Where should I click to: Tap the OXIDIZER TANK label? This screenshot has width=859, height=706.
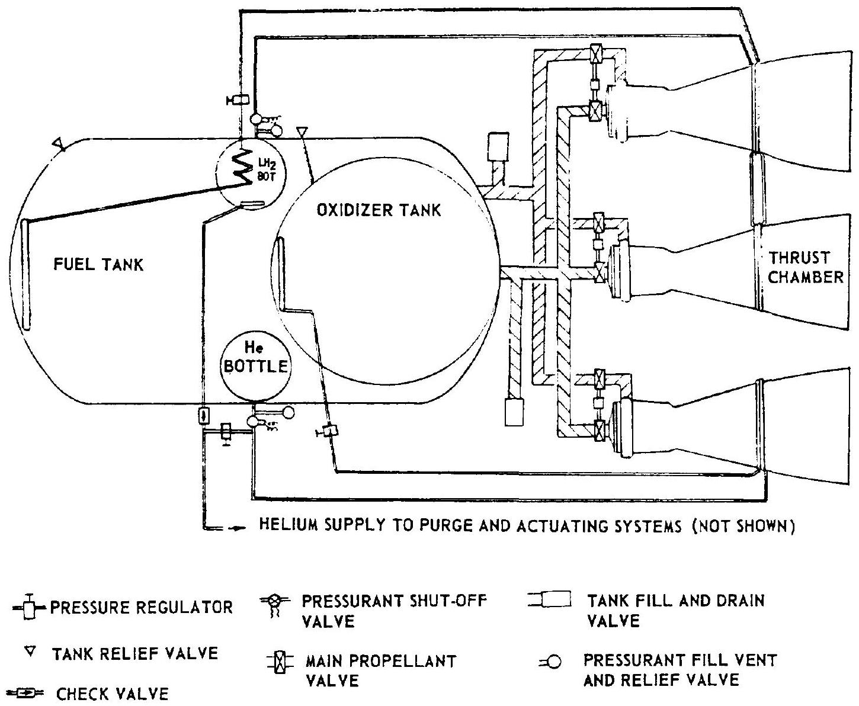(x=379, y=210)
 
